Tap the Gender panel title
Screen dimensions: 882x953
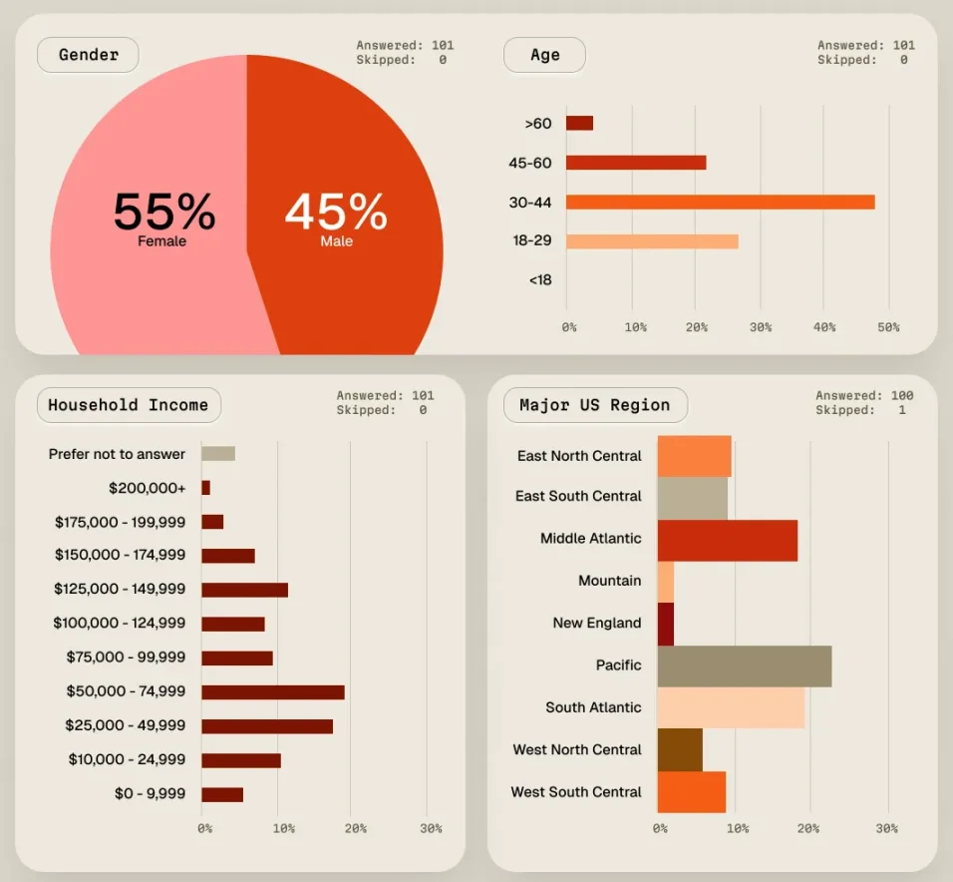point(88,55)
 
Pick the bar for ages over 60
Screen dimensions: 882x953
point(579,123)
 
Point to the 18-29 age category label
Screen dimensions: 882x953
point(531,240)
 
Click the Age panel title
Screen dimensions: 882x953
point(544,55)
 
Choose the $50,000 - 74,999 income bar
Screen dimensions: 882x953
point(273,691)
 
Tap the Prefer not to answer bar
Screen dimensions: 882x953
point(218,454)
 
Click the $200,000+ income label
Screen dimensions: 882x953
point(148,488)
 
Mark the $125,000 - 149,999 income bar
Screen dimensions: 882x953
point(244,590)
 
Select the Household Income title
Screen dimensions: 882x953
point(129,405)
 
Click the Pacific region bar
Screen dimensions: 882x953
point(744,665)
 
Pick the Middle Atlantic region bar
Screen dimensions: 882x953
point(727,540)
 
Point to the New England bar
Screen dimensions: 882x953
point(666,624)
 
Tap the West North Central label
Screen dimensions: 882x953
point(577,749)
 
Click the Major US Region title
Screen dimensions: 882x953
point(595,405)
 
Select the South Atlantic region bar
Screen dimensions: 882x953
point(731,707)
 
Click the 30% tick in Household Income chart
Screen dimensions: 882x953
point(431,828)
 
